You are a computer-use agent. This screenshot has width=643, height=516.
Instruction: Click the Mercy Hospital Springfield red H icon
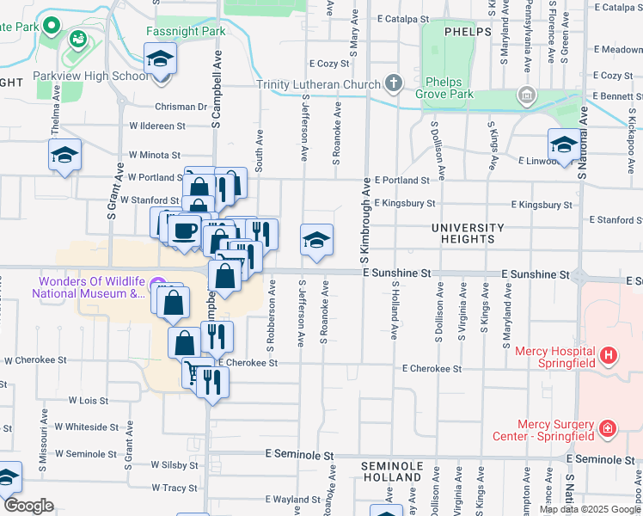pyautogui.click(x=609, y=354)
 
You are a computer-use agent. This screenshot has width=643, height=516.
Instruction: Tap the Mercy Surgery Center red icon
pyautogui.click(x=608, y=427)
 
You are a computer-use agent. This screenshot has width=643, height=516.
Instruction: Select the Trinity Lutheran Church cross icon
pyautogui.click(x=393, y=83)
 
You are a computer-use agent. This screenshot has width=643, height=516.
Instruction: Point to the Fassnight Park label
pyautogui.click(x=186, y=31)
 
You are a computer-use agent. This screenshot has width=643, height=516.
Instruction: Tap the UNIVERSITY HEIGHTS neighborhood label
pyautogui.click(x=467, y=233)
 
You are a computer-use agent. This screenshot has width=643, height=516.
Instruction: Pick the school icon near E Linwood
pyautogui.click(x=563, y=144)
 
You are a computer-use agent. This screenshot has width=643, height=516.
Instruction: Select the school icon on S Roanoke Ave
pyautogui.click(x=316, y=239)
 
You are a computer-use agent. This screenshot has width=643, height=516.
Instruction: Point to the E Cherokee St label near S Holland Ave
pyautogui.click(x=432, y=368)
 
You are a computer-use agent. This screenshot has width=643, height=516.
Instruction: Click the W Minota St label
pyautogui.click(x=155, y=156)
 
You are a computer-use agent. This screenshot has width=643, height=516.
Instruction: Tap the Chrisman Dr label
pyautogui.click(x=181, y=107)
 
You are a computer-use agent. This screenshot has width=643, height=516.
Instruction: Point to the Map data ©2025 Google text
pyautogui.click(x=589, y=509)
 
